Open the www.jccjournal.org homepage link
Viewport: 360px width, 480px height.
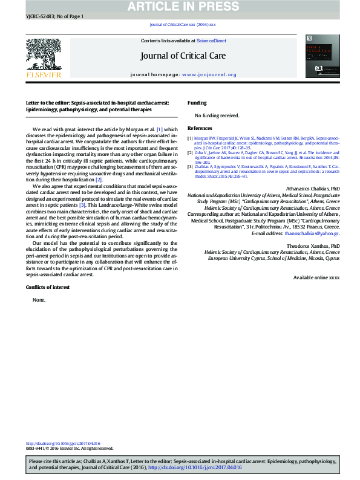[x=209, y=75]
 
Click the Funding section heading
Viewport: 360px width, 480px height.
[x=197, y=103]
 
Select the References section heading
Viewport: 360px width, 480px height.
[x=200, y=129]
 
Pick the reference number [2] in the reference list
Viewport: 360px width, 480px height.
[x=190, y=154]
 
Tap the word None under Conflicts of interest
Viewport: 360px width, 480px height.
[x=39, y=299]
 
